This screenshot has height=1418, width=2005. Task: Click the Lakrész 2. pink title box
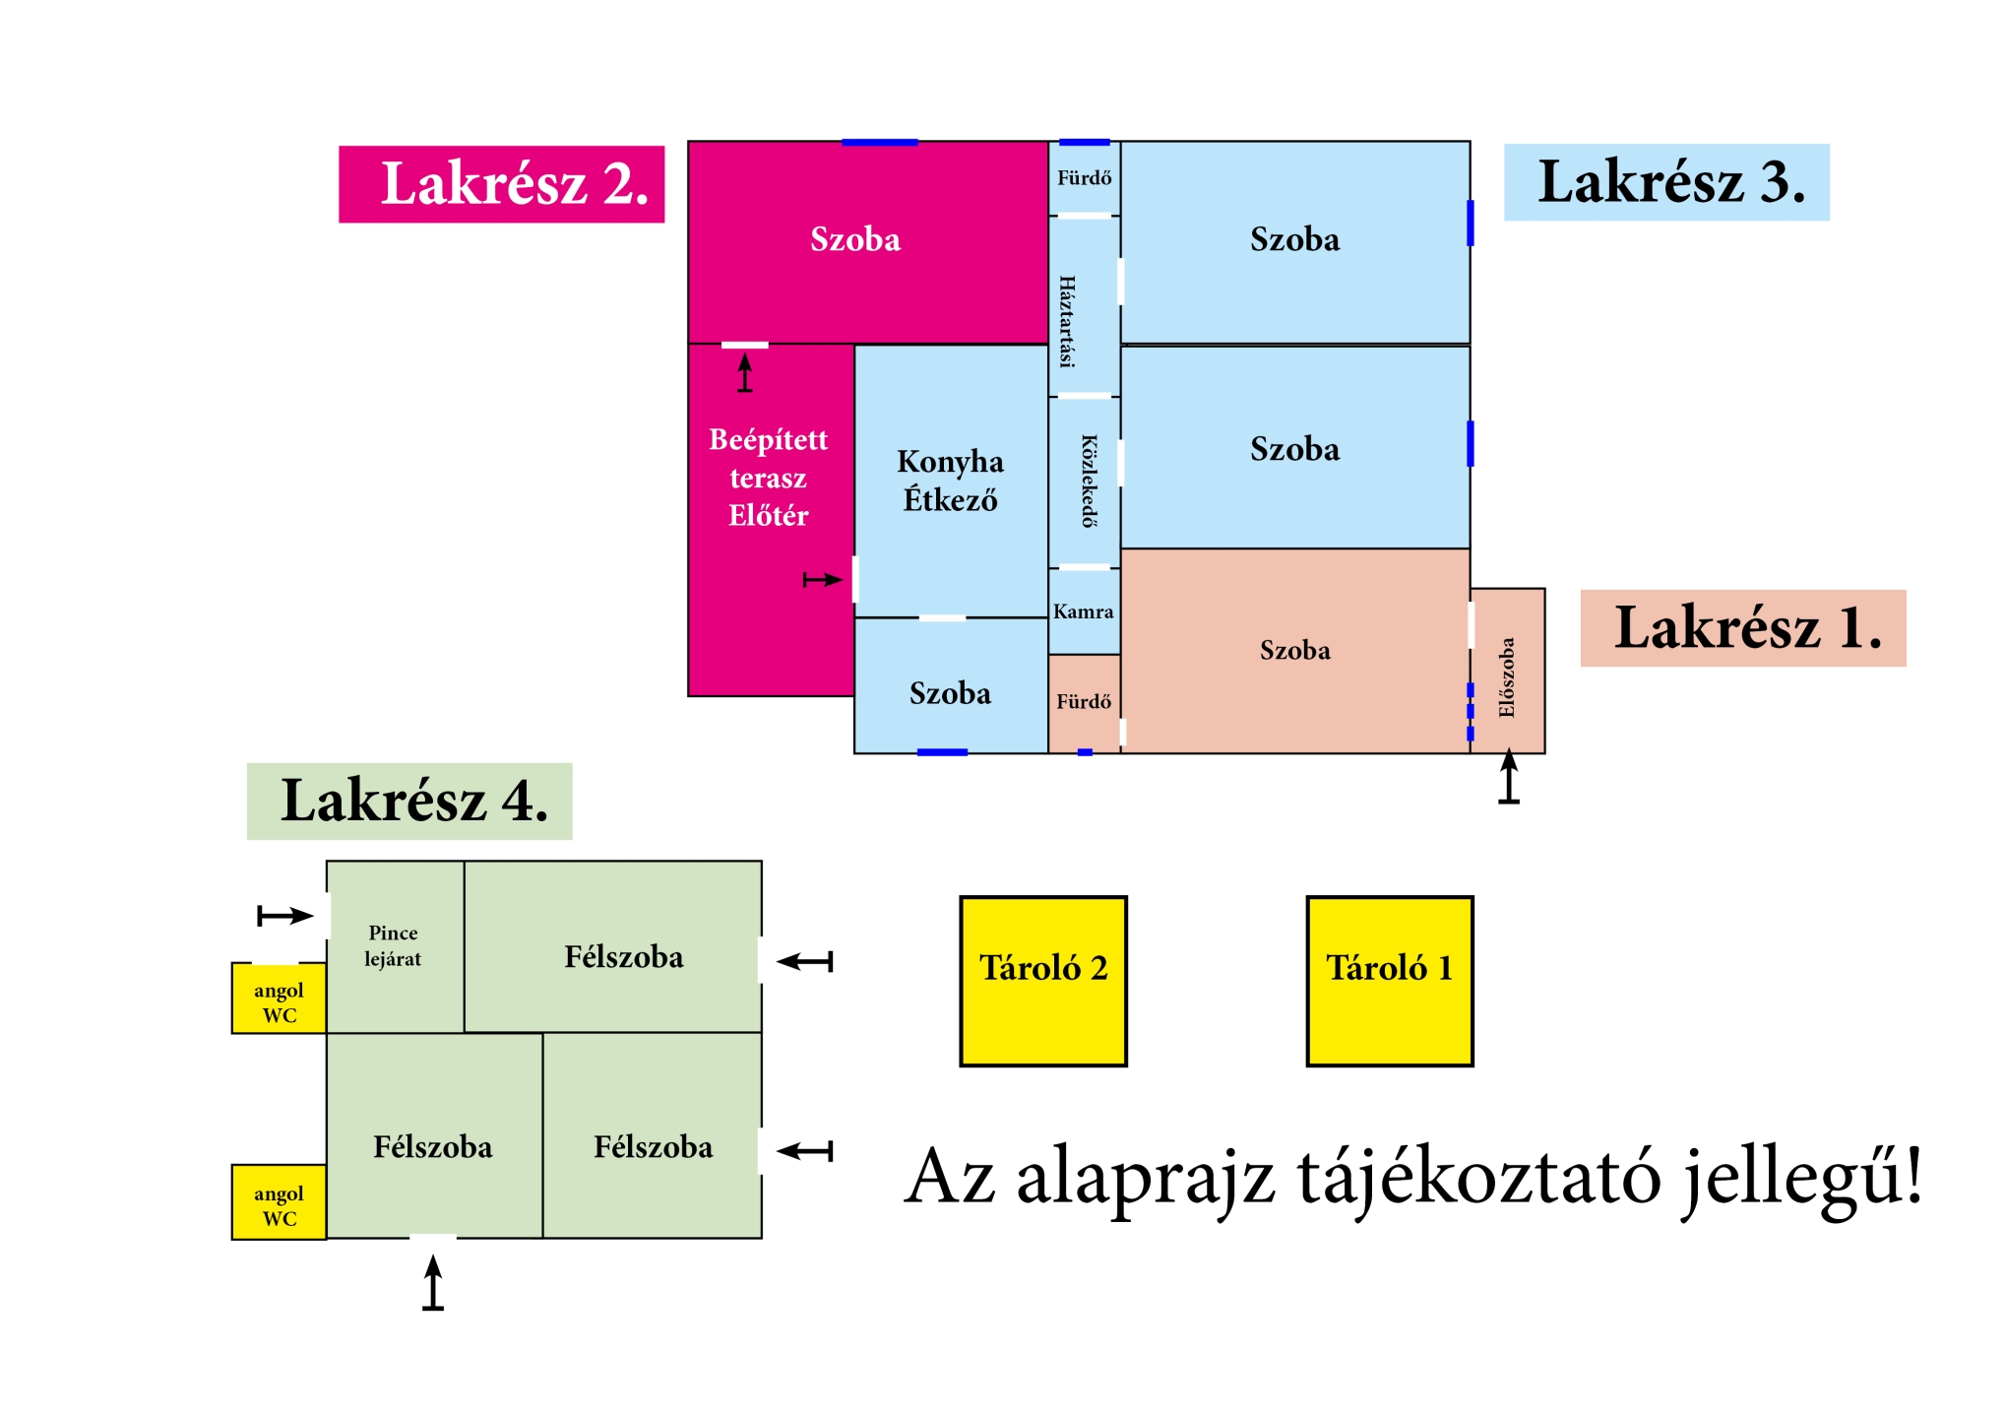click(501, 184)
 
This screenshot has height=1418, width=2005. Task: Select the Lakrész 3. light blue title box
click(1665, 182)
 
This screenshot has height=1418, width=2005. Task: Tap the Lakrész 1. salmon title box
click(1742, 628)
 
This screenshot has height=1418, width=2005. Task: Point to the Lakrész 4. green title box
click(408, 801)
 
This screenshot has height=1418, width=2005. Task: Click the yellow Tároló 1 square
click(1389, 981)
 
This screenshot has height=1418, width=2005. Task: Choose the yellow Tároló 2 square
click(1042, 981)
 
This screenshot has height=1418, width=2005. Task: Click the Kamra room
click(1083, 612)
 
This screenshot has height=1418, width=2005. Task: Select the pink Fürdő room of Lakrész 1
click(1083, 702)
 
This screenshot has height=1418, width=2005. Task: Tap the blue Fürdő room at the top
click(1084, 178)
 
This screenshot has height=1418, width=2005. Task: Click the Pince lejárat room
click(394, 945)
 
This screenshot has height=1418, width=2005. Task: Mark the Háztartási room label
click(1067, 321)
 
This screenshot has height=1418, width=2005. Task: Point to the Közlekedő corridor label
click(1089, 481)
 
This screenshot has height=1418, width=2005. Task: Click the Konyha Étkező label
click(950, 481)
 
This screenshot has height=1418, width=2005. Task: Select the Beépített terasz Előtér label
click(768, 478)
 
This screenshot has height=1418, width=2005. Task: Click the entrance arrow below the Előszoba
click(1508, 778)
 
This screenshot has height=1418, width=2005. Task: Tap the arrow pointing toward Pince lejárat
click(284, 916)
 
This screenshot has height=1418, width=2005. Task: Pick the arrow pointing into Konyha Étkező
click(822, 580)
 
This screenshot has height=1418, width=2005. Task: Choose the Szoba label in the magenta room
click(854, 239)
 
